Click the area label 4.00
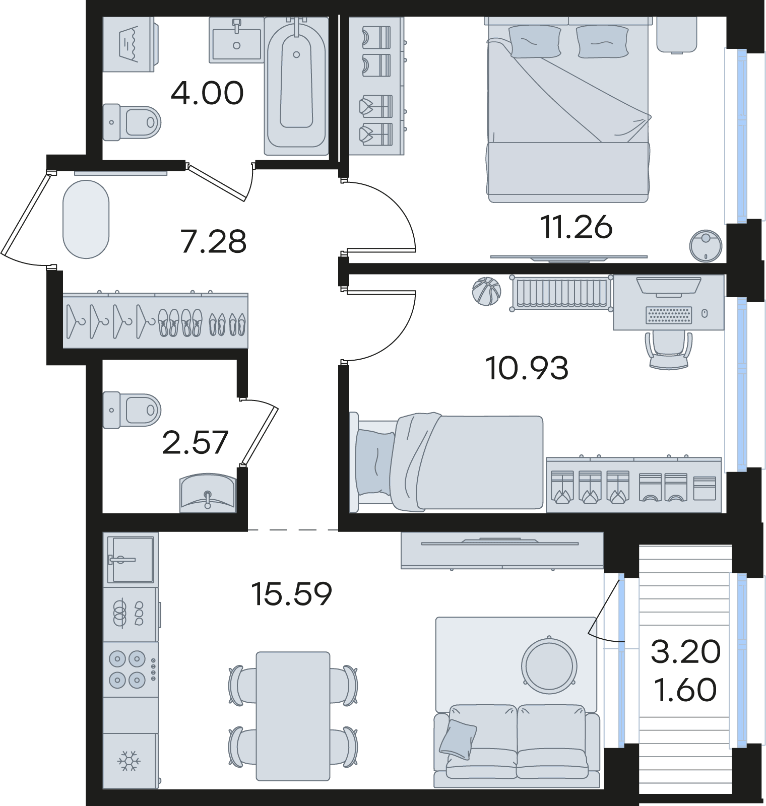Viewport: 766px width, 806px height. tap(207, 93)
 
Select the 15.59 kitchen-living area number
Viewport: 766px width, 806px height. tap(292, 594)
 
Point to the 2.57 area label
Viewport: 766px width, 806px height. tap(196, 442)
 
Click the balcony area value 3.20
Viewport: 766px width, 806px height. tap(686, 652)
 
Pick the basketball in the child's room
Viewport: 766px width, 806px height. tap(486, 292)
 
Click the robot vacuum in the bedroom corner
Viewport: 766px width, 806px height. tap(706, 245)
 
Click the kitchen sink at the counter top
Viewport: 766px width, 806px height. tap(130, 559)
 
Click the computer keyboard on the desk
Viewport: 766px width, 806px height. tap(668, 315)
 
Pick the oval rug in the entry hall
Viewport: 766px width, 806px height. tap(86, 220)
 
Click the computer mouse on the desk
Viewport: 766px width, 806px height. tap(705, 314)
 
